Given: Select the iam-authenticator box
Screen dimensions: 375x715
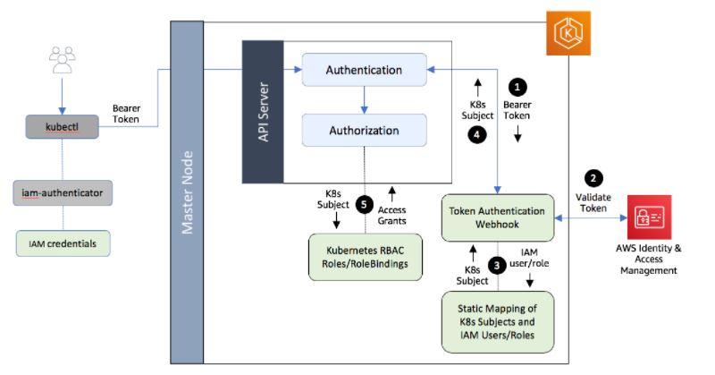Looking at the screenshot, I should [x=61, y=192].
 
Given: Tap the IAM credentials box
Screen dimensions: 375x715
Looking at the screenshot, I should [x=61, y=242].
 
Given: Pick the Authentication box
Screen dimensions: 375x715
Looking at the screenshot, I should [x=363, y=70].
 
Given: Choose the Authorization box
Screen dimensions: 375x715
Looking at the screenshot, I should [x=363, y=131].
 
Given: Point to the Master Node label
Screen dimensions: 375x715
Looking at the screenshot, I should [x=188, y=188].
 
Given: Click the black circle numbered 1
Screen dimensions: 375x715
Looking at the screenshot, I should [x=518, y=88].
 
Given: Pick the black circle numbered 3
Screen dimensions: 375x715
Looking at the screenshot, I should [x=497, y=267].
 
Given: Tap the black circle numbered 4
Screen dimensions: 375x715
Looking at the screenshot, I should [x=476, y=136].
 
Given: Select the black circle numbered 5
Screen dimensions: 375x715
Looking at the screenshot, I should [x=363, y=204].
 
